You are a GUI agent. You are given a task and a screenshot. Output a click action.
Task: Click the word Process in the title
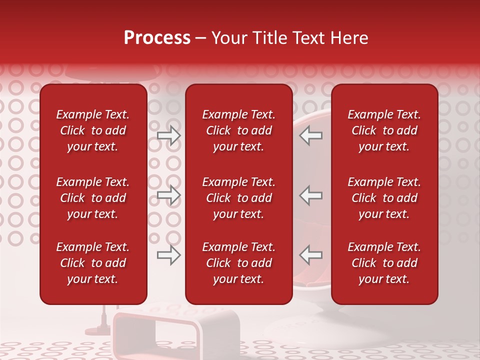[x=157, y=38]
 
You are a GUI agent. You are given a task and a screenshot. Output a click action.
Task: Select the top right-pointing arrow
[x=169, y=135]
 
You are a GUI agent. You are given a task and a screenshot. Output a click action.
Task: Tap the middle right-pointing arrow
[x=169, y=195]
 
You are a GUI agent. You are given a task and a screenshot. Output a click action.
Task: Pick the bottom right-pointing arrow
[x=169, y=255]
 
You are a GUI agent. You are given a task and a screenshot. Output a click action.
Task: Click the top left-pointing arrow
[x=311, y=135]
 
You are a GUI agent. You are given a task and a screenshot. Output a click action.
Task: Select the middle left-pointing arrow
[x=311, y=195]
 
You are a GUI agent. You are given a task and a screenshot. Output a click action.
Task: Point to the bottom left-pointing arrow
[x=311, y=255]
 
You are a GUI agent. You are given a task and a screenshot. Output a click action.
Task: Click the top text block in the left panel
[x=93, y=130]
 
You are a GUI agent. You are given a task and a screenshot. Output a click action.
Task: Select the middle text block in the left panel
[x=93, y=198]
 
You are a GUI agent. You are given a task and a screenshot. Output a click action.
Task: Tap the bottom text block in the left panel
[x=93, y=263]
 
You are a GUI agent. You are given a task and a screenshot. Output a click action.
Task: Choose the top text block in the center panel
[x=238, y=130]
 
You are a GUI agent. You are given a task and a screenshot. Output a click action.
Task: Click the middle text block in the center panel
[x=238, y=198]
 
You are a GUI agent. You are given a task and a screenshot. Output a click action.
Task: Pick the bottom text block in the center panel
[x=238, y=263]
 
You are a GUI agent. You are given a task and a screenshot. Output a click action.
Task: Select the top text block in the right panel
[x=384, y=130]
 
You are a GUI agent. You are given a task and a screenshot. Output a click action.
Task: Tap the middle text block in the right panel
[x=384, y=198]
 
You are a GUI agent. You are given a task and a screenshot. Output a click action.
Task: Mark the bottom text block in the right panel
[x=384, y=263]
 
